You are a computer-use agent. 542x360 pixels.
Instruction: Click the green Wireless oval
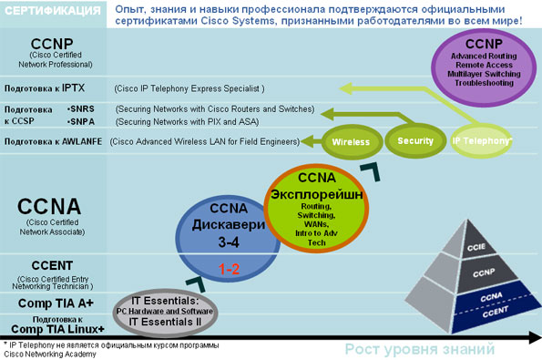coord(352,142)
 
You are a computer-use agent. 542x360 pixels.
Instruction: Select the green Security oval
coord(415,140)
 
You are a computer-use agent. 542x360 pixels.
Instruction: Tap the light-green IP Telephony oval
coord(482,140)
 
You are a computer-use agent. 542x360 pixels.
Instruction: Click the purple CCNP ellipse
coord(484,67)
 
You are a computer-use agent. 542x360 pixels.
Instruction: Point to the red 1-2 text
coord(229,269)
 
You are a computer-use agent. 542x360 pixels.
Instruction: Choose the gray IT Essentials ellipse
coord(166,313)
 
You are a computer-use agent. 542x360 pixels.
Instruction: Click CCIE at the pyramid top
coord(476,247)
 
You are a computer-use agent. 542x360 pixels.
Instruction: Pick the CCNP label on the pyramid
coord(484,273)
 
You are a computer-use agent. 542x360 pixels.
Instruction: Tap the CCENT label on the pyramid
coord(496,311)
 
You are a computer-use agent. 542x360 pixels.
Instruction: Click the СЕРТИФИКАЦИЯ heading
coord(53,11)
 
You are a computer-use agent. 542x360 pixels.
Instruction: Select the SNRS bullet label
coord(81,109)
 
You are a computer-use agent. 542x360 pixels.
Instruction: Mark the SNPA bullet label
coord(81,122)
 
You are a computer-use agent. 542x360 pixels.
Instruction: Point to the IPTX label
coord(73,87)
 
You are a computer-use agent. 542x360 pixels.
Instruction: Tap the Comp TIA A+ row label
coord(56,303)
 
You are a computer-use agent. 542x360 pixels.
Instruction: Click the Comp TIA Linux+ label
coord(57,329)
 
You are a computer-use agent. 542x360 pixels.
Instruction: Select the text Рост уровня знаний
coord(420,349)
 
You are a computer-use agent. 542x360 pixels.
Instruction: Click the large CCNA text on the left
coord(49,207)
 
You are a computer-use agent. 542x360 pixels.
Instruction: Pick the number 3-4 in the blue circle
coord(229,242)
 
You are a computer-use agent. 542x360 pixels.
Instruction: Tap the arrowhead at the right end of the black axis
coord(535,337)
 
